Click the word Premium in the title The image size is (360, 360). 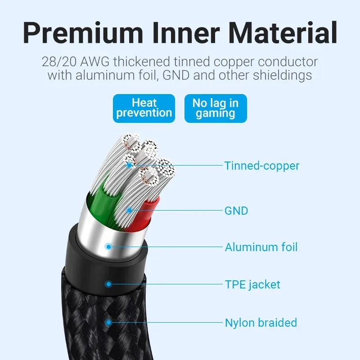coord(83,32)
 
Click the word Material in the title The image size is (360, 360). coord(283,32)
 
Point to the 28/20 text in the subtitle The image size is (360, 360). coord(59,62)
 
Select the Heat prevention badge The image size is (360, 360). coord(144,108)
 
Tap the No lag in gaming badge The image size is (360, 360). coord(216,108)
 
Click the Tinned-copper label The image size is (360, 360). coord(262,166)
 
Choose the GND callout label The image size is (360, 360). coord(236,211)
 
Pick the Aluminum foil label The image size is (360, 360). coord(261,247)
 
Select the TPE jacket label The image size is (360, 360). coord(252,285)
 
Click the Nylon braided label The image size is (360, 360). coord(261,323)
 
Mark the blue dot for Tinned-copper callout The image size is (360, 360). coord(130,165)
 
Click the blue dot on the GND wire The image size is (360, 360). coord(129,210)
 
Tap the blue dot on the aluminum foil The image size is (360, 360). coord(108,247)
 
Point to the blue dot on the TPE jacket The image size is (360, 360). coord(108,284)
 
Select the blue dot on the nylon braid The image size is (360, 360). coord(108,323)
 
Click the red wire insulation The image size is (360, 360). coord(144,215)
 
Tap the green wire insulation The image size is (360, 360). coord(101,202)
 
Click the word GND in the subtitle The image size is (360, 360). coord(176,75)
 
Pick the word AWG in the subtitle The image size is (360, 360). coord(94,62)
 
